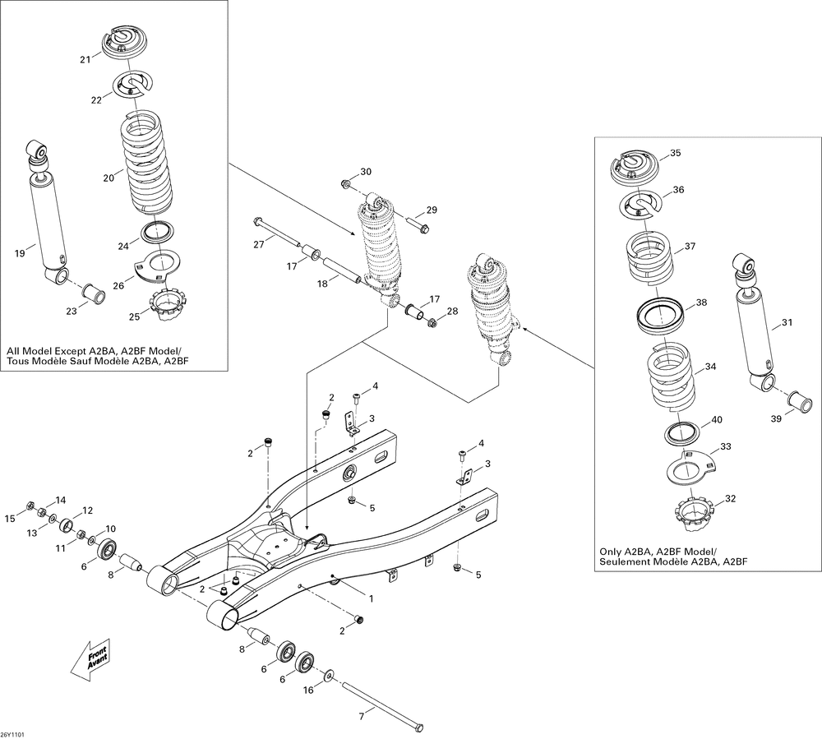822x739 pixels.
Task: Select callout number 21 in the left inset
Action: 85,59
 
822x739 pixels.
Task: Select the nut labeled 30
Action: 345,184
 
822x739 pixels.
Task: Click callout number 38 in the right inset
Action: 701,303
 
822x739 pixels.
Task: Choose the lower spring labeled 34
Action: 671,376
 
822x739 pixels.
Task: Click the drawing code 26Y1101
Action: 13,734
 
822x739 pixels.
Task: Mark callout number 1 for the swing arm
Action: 372,598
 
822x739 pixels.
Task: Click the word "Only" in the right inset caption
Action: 610,552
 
